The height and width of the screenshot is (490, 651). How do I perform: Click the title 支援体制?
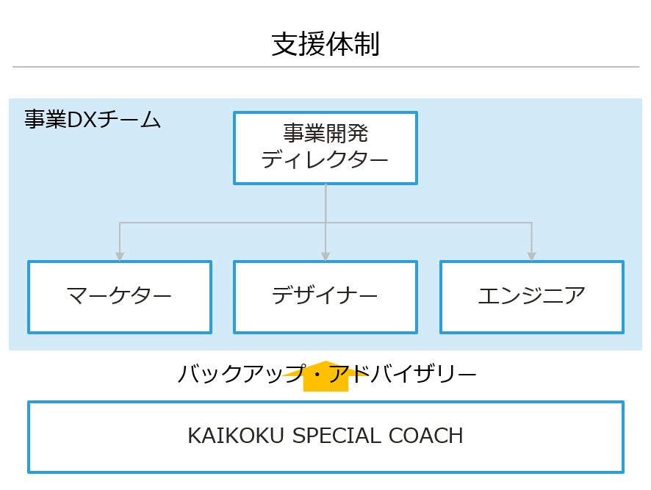point(325,44)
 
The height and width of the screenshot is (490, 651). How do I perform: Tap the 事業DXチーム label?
point(92,120)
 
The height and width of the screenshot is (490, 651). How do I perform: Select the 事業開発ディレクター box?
point(325,148)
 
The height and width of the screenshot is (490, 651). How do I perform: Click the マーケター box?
point(120,297)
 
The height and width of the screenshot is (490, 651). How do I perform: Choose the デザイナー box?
point(325,297)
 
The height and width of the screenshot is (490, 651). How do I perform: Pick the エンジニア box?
point(531,297)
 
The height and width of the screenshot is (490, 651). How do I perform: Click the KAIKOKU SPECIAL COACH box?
point(325,436)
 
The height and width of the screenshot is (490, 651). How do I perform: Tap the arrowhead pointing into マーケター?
point(120,256)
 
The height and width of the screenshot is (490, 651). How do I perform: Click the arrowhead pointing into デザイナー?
point(325,256)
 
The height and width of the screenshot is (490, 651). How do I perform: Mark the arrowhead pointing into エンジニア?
point(531,256)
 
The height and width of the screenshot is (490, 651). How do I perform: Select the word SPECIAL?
point(335,436)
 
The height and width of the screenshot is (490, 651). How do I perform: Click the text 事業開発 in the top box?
point(325,134)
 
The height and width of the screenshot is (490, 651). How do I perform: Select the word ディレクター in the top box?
point(325,159)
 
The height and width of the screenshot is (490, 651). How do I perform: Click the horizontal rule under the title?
point(325,67)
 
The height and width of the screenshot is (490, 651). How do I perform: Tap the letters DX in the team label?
point(77,120)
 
